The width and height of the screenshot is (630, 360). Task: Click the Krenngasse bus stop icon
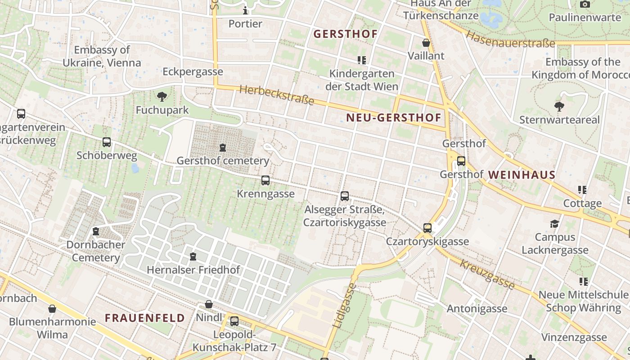tap(265, 180)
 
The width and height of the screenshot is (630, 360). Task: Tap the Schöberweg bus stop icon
tap(107, 142)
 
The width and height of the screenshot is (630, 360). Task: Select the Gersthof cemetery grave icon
tap(222, 147)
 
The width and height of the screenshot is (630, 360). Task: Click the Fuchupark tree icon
tap(162, 96)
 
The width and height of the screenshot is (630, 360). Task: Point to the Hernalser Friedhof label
tap(193, 270)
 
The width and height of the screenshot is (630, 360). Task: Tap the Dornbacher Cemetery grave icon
tap(95, 231)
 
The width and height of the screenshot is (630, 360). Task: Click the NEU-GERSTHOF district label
tap(394, 118)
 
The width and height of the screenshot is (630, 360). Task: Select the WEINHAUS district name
tap(522, 175)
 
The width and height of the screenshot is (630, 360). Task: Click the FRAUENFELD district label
tap(145, 318)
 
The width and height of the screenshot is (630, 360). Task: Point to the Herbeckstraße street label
tap(277, 95)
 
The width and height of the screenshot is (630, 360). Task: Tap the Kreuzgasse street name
tap(487, 274)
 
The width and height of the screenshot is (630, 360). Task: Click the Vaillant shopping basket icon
tap(426, 43)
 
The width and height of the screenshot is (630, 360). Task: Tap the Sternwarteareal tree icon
tap(559, 107)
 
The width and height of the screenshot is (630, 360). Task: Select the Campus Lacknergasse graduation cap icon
tap(555, 224)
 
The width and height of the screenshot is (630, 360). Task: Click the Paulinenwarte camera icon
tap(585, 4)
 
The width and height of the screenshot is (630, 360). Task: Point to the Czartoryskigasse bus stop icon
tap(427, 228)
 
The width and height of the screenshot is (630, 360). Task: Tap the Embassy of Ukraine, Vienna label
tap(102, 56)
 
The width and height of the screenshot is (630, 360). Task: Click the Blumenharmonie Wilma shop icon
tap(52, 309)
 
